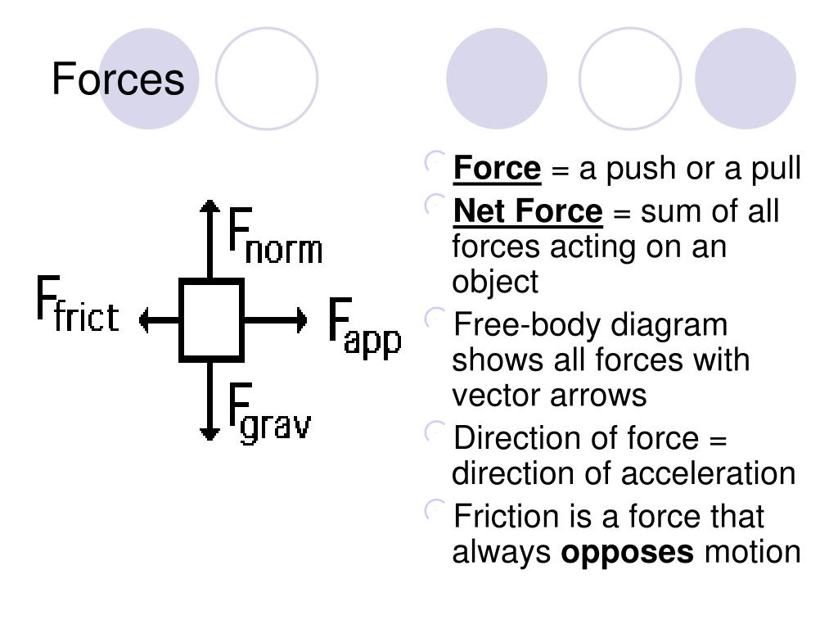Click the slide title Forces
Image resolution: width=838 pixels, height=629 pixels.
point(118,79)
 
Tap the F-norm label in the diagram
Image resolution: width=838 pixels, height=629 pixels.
point(275,236)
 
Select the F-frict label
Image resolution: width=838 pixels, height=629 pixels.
point(78,304)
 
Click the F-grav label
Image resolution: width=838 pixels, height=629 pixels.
point(270,413)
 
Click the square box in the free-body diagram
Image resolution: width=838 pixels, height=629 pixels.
point(212,320)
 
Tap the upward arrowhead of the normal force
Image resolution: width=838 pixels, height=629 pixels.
point(210,206)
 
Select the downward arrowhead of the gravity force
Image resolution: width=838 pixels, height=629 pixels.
point(210,434)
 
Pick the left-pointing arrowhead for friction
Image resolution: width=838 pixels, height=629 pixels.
point(143,320)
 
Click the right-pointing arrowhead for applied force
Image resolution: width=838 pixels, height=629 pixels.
point(303,320)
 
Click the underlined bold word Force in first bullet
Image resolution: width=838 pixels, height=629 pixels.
point(497,169)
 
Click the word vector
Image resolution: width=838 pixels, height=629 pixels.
point(491,396)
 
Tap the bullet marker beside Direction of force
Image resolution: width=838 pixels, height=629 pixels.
point(435,432)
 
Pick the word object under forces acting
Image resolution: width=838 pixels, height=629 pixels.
point(495,283)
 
